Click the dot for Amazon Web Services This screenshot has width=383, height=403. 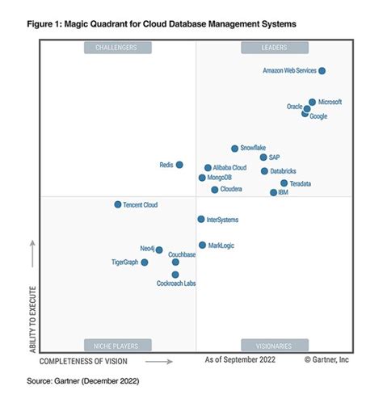pos(322,71)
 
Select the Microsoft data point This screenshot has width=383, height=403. pos(312,103)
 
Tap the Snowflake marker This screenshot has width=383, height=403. pos(234,149)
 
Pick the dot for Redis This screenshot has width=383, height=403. pos(179,165)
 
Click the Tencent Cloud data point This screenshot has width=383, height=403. pos(117,205)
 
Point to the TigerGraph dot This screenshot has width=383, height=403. pos(145,262)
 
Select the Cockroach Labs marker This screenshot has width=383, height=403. pos(175,275)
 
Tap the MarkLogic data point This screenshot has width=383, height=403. pos(202,245)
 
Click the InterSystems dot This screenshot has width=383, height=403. pos(200,219)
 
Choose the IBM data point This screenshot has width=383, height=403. pos(273,192)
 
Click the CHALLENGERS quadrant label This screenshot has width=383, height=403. pos(116,48)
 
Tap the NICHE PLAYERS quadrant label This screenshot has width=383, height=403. pos(116,345)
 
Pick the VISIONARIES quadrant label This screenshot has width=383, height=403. pos(274,345)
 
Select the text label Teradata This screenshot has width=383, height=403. pos(300,184)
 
